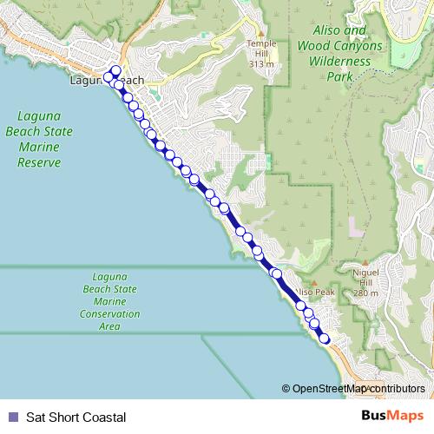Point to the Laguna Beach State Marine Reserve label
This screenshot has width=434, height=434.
pyautogui.click(x=45, y=139)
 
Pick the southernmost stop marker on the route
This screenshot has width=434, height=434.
pyautogui.click(x=325, y=339)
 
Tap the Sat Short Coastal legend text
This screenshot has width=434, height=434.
pyautogui.click(x=76, y=417)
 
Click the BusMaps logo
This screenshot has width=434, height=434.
pyautogui.click(x=391, y=416)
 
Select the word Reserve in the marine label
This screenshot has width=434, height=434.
pyautogui.click(x=45, y=162)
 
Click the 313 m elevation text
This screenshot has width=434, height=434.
pyautogui.click(x=260, y=63)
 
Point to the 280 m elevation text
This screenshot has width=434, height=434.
pyautogui.click(x=366, y=293)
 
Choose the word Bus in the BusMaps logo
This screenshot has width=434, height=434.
pyautogui.click(x=376, y=416)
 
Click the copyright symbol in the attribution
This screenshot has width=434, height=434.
pyautogui.click(x=286, y=389)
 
